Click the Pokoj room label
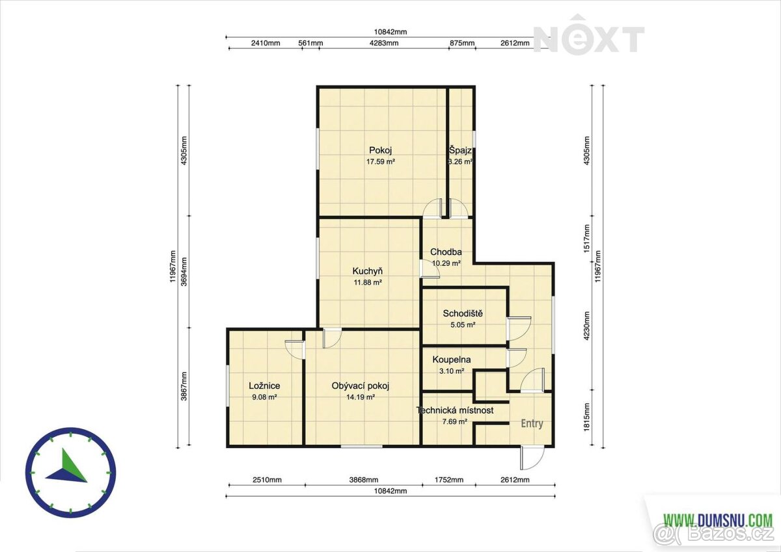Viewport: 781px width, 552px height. [x=380, y=150]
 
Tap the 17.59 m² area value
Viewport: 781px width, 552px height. [x=380, y=162]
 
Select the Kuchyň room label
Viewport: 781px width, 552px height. [x=368, y=271]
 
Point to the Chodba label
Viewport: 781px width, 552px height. [x=446, y=252]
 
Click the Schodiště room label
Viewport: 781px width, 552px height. [x=463, y=313]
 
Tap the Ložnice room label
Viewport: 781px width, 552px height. [x=264, y=386]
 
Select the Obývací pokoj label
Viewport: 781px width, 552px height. [x=360, y=386]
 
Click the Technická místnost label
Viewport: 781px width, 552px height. [x=455, y=410]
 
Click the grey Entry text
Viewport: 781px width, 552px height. [x=532, y=424]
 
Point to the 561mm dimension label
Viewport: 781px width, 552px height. [x=310, y=43]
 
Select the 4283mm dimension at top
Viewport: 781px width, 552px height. [x=384, y=43]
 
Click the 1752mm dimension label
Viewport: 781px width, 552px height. [x=449, y=480]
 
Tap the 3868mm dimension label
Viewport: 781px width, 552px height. [x=364, y=480]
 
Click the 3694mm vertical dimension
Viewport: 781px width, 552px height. [x=184, y=272]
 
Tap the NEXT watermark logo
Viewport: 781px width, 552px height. [x=589, y=35]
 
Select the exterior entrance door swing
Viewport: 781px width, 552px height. [x=532, y=458]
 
